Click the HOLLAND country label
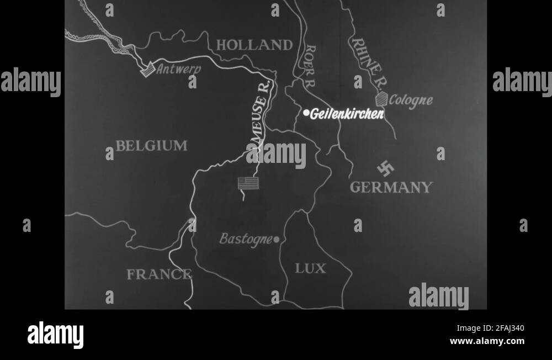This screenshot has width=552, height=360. [254, 45]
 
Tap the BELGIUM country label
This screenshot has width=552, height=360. [151, 146]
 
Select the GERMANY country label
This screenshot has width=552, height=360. [391, 187]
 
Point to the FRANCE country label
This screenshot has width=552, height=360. [159, 274]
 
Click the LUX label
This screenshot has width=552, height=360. [310, 269]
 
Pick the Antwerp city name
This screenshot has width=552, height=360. [178, 70]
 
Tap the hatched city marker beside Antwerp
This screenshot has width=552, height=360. [147, 70]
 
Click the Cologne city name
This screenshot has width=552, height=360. [411, 100]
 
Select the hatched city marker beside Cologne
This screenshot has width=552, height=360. [381, 99]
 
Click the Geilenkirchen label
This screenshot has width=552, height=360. [347, 114]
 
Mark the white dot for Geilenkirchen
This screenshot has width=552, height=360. [306, 113]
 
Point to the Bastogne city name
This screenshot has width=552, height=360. [246, 239]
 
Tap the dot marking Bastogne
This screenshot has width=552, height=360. [276, 240]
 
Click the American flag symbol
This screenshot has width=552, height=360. [248, 183]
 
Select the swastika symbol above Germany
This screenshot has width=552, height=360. [385, 167]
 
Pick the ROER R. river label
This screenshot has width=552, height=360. [310, 66]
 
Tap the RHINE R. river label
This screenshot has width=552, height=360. [369, 63]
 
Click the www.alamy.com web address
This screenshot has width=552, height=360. [487, 341]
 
